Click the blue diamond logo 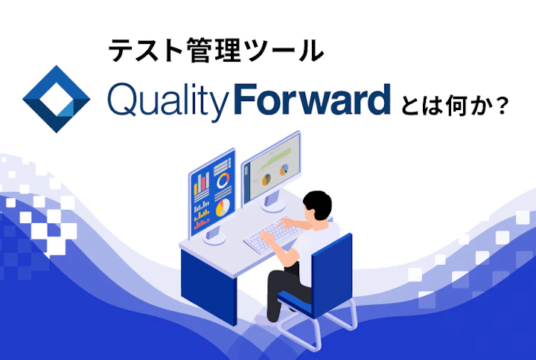tap(57, 99)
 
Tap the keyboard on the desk tap(269, 237)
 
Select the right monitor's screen tap(271, 168)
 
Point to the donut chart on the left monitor tap(223, 180)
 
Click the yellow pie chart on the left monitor tap(222, 209)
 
